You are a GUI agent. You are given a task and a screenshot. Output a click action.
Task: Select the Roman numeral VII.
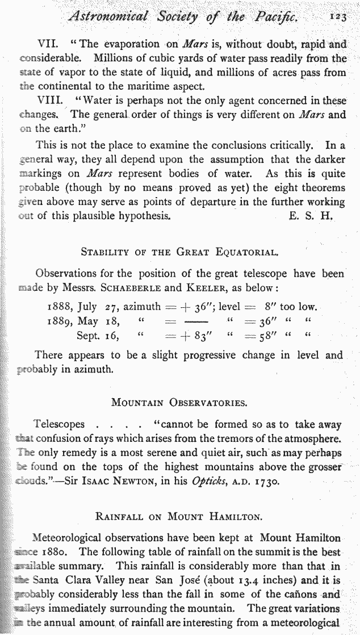[x=48, y=44]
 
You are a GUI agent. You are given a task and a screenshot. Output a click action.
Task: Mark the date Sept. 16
[x=98, y=336]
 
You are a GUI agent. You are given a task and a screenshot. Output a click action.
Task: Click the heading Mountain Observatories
[x=179, y=404]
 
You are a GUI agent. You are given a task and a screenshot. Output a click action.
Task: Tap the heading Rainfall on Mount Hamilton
[x=179, y=517]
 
